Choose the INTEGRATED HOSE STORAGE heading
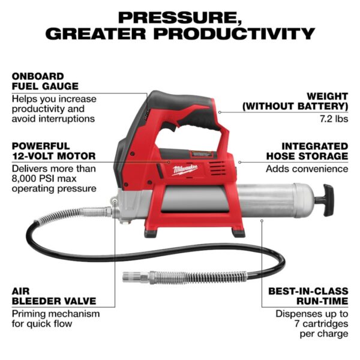click(x=306, y=151)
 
